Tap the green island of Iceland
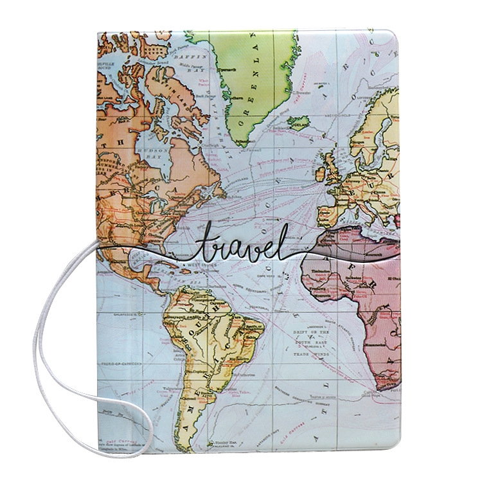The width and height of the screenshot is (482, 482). point(299,121)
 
